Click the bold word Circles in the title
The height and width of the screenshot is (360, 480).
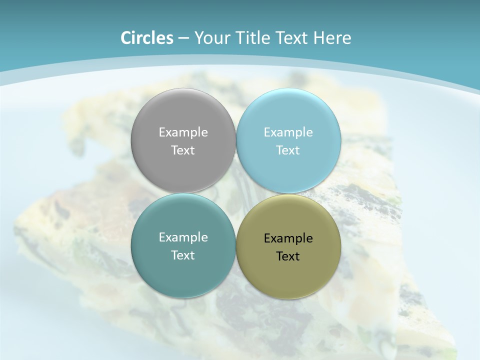coord(146,38)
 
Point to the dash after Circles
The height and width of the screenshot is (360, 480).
coord(183,38)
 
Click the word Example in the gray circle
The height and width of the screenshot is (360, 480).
coord(183,132)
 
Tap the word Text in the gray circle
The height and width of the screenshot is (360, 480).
coord(183,150)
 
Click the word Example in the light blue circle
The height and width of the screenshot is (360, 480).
coord(288,132)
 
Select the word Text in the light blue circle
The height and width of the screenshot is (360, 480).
coord(288,150)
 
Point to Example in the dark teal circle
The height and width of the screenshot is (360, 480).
coord(183,237)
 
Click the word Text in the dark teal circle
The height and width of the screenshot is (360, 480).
coord(183,255)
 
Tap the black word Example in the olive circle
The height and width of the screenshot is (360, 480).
coord(288,238)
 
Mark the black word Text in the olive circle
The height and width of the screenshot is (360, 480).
coord(288,256)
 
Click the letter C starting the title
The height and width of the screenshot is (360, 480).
coord(126,38)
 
